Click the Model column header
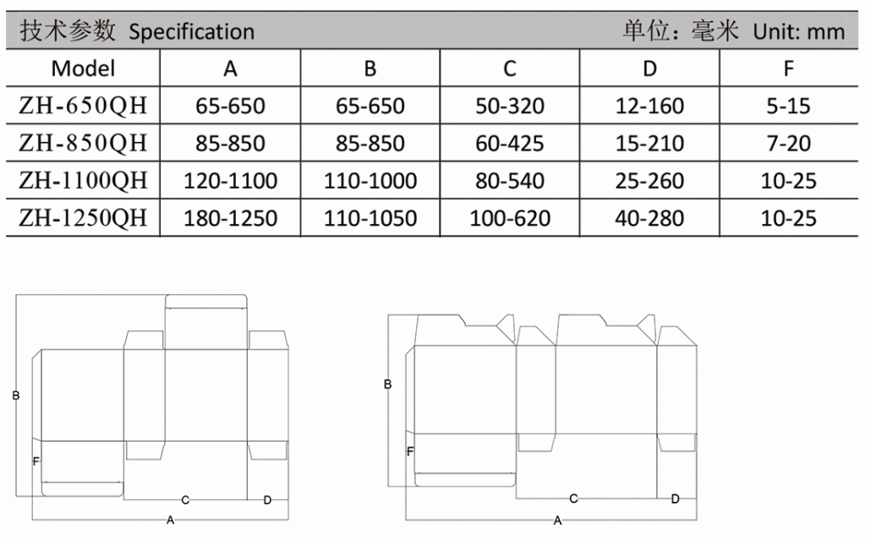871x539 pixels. (x=84, y=68)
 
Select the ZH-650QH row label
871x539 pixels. (x=84, y=106)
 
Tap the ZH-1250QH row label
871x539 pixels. (x=84, y=218)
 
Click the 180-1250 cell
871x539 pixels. (x=231, y=218)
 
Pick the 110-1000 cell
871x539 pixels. (x=370, y=181)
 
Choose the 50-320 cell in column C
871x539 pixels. (x=510, y=106)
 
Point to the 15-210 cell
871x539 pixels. (x=649, y=144)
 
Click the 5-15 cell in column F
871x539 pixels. (x=789, y=106)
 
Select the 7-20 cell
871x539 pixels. (x=789, y=144)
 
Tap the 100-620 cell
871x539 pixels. (x=510, y=218)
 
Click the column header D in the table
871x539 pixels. (x=650, y=68)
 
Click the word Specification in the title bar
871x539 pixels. (x=192, y=32)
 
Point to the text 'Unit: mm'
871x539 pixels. (x=799, y=31)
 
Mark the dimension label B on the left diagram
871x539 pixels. (x=16, y=395)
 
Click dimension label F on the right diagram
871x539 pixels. (x=410, y=451)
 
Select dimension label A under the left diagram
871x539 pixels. (x=171, y=520)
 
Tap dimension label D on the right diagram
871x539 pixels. (x=676, y=499)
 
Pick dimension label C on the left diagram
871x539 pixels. (x=185, y=500)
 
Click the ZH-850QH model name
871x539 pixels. (x=84, y=144)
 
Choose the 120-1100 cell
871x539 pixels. (x=231, y=181)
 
